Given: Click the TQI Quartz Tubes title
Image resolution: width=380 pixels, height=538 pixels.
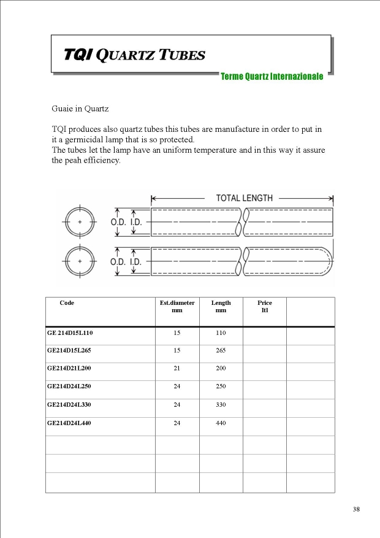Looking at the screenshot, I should pyautogui.click(x=134, y=55).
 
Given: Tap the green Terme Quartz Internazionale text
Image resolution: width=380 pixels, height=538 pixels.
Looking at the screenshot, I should pyautogui.click(x=272, y=77).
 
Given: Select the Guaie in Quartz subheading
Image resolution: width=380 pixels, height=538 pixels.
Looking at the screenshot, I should pyautogui.click(x=80, y=109).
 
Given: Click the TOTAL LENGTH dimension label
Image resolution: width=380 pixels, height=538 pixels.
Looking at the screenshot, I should pyautogui.click(x=244, y=198).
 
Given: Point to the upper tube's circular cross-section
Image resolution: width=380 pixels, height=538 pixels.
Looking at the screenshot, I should pyautogui.click(x=80, y=221).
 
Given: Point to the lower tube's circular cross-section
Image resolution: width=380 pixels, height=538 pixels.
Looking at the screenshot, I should pyautogui.click(x=80, y=261).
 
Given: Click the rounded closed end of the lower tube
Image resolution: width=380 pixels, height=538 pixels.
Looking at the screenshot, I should pyautogui.click(x=329, y=261).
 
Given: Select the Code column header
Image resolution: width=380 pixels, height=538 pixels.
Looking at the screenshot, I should pyautogui.click(x=67, y=303).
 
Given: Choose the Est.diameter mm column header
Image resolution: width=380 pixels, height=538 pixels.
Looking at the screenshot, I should pyautogui.click(x=177, y=306).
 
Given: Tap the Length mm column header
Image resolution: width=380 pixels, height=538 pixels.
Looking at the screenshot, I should pyautogui.click(x=221, y=306).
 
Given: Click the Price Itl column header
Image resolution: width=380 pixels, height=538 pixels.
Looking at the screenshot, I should pyautogui.click(x=265, y=306).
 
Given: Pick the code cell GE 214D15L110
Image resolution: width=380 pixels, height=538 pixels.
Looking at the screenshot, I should pyautogui.click(x=70, y=332).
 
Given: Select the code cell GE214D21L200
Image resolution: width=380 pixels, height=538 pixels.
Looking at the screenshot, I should pyautogui.click(x=69, y=369).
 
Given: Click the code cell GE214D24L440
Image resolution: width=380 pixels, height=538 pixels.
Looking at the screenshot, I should pyautogui.click(x=69, y=423).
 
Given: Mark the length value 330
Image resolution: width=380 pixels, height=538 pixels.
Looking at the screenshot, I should pyautogui.click(x=221, y=405).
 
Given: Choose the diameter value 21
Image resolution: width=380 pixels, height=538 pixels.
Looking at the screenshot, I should pyautogui.click(x=177, y=369).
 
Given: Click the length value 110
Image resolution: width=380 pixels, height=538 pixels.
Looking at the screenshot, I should pyautogui.click(x=221, y=332).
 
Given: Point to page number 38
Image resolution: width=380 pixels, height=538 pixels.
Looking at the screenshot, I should pyautogui.click(x=356, y=509).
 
